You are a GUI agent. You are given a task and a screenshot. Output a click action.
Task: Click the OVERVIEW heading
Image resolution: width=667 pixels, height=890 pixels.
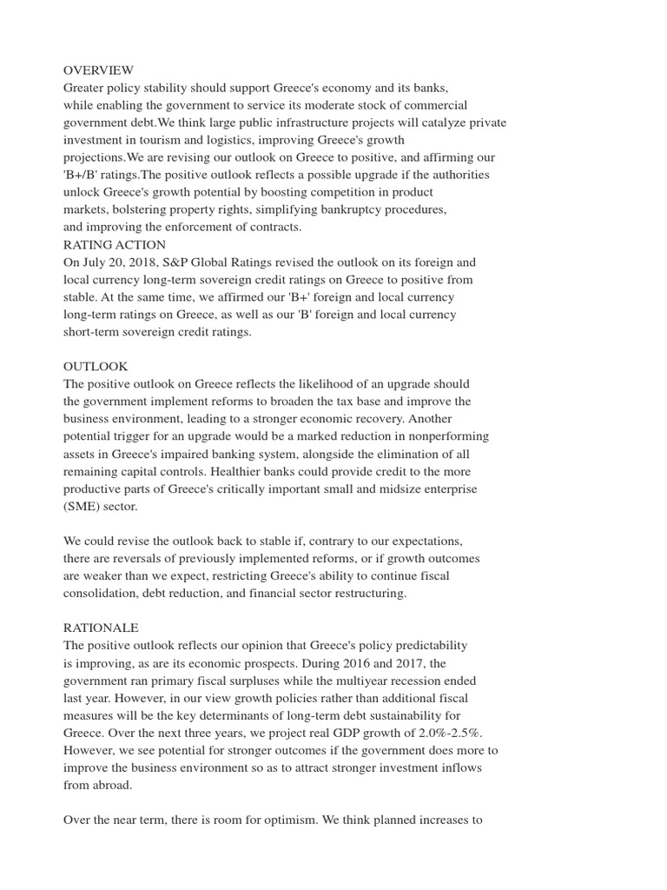pyautogui.click(x=98, y=70)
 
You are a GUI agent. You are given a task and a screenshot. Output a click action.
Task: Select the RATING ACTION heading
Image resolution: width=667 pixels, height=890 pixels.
pyautogui.click(x=114, y=244)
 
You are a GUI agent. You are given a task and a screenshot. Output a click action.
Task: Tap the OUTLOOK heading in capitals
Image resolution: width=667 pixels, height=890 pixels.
pyautogui.click(x=96, y=367)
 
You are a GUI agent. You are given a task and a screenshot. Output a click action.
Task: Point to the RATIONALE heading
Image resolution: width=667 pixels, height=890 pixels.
pyautogui.click(x=101, y=628)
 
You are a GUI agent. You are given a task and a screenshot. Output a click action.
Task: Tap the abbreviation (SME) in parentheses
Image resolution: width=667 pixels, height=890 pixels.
pyautogui.click(x=83, y=506)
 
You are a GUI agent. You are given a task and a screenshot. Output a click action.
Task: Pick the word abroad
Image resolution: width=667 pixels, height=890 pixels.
pyautogui.click(x=113, y=784)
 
